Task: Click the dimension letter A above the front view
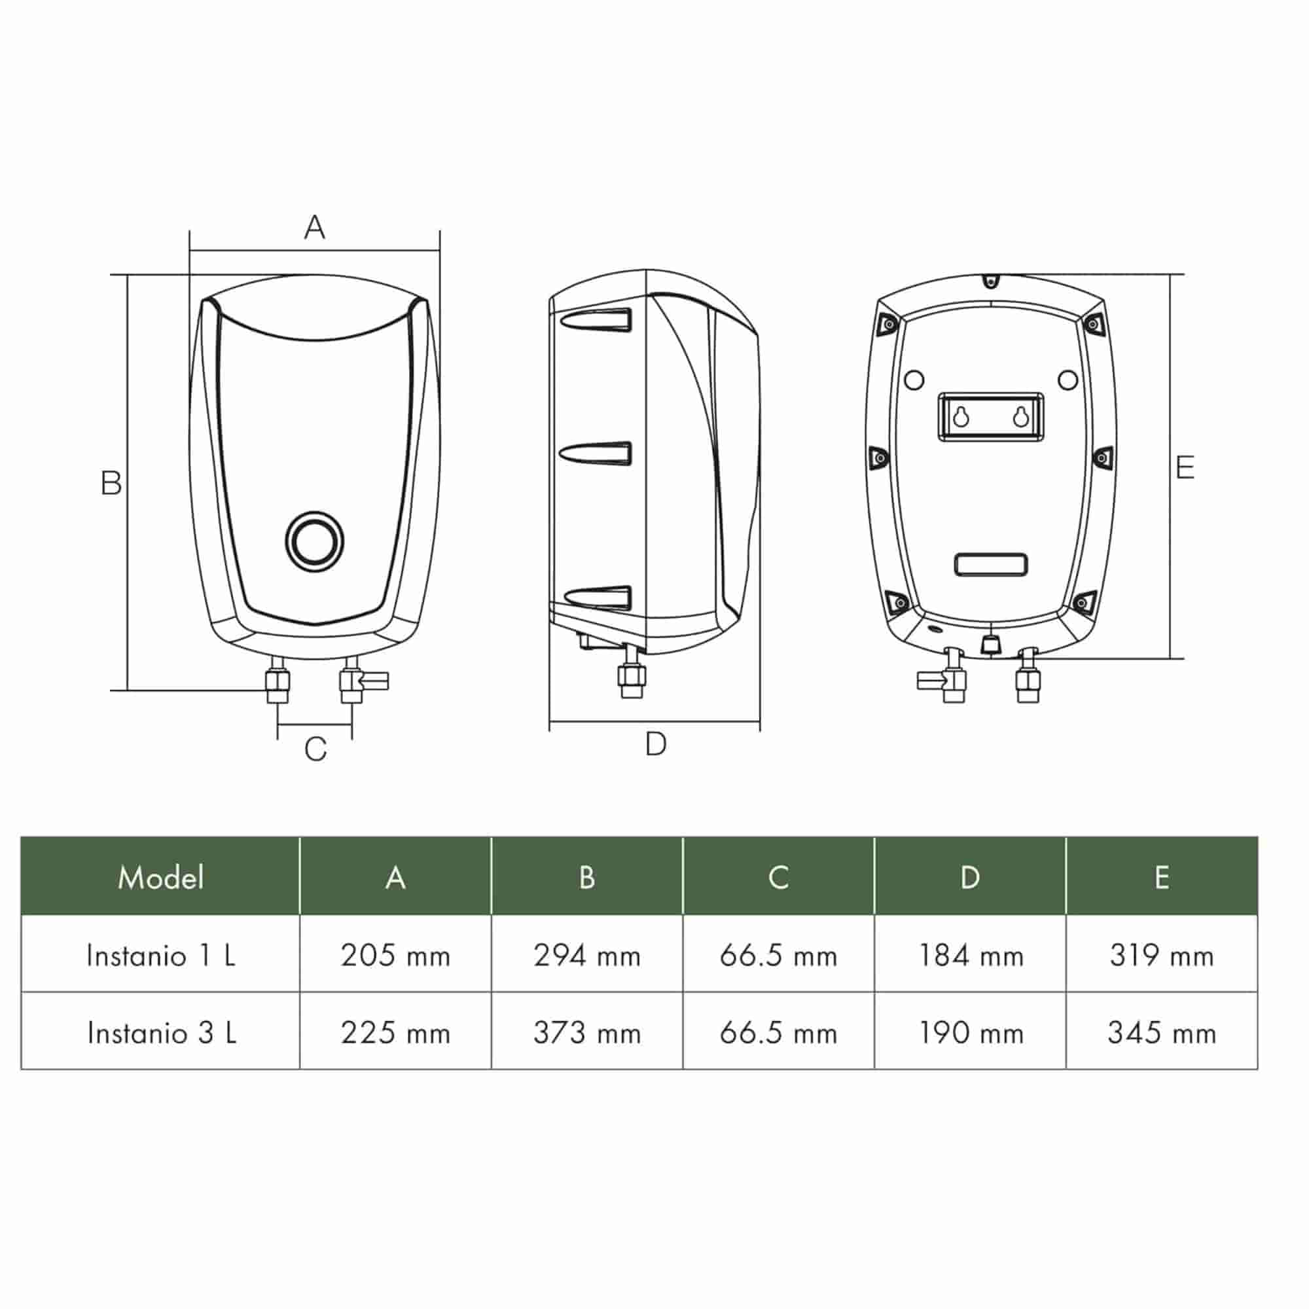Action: (x=314, y=227)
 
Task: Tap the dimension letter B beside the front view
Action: (x=111, y=483)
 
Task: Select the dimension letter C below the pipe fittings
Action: (x=315, y=749)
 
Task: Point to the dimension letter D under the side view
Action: (x=656, y=744)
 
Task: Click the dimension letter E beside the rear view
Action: (x=1185, y=467)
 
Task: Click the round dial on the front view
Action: (x=314, y=541)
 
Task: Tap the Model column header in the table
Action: (x=160, y=878)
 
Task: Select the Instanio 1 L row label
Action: (x=161, y=956)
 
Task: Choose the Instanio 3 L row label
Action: (x=162, y=1033)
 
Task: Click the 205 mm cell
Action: (x=396, y=956)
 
